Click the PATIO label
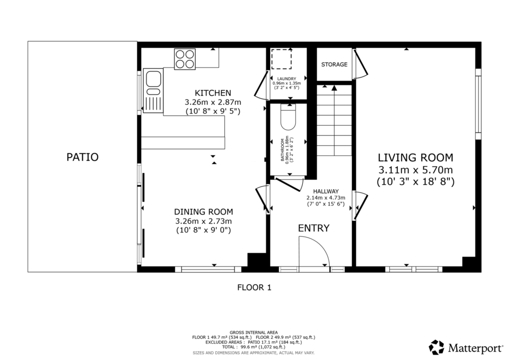(x=83, y=157)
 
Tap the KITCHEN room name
(x=213, y=93)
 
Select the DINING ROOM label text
(x=203, y=212)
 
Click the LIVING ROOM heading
(x=416, y=158)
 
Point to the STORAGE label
(x=335, y=65)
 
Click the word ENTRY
(x=314, y=228)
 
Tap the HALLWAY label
(x=326, y=191)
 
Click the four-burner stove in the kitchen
(x=185, y=59)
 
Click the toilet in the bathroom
(x=288, y=117)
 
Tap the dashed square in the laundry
(x=281, y=59)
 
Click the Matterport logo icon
(x=436, y=348)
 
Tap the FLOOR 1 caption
(x=254, y=287)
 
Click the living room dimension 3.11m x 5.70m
(x=416, y=170)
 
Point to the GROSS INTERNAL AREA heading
(x=254, y=333)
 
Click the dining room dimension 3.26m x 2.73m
(x=203, y=221)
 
